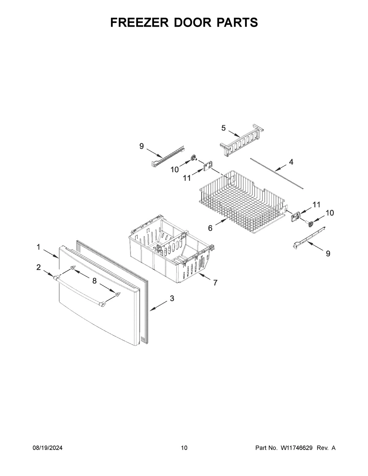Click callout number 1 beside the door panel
pos(38,247)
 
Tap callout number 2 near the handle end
pos(38,267)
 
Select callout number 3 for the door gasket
pos(172,298)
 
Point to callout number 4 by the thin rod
pos(291,162)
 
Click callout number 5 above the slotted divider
pos(224,128)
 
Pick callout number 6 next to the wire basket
pos(210,228)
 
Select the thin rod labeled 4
pos(276,173)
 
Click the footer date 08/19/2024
pos(48,448)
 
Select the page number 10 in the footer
pos(184,448)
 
